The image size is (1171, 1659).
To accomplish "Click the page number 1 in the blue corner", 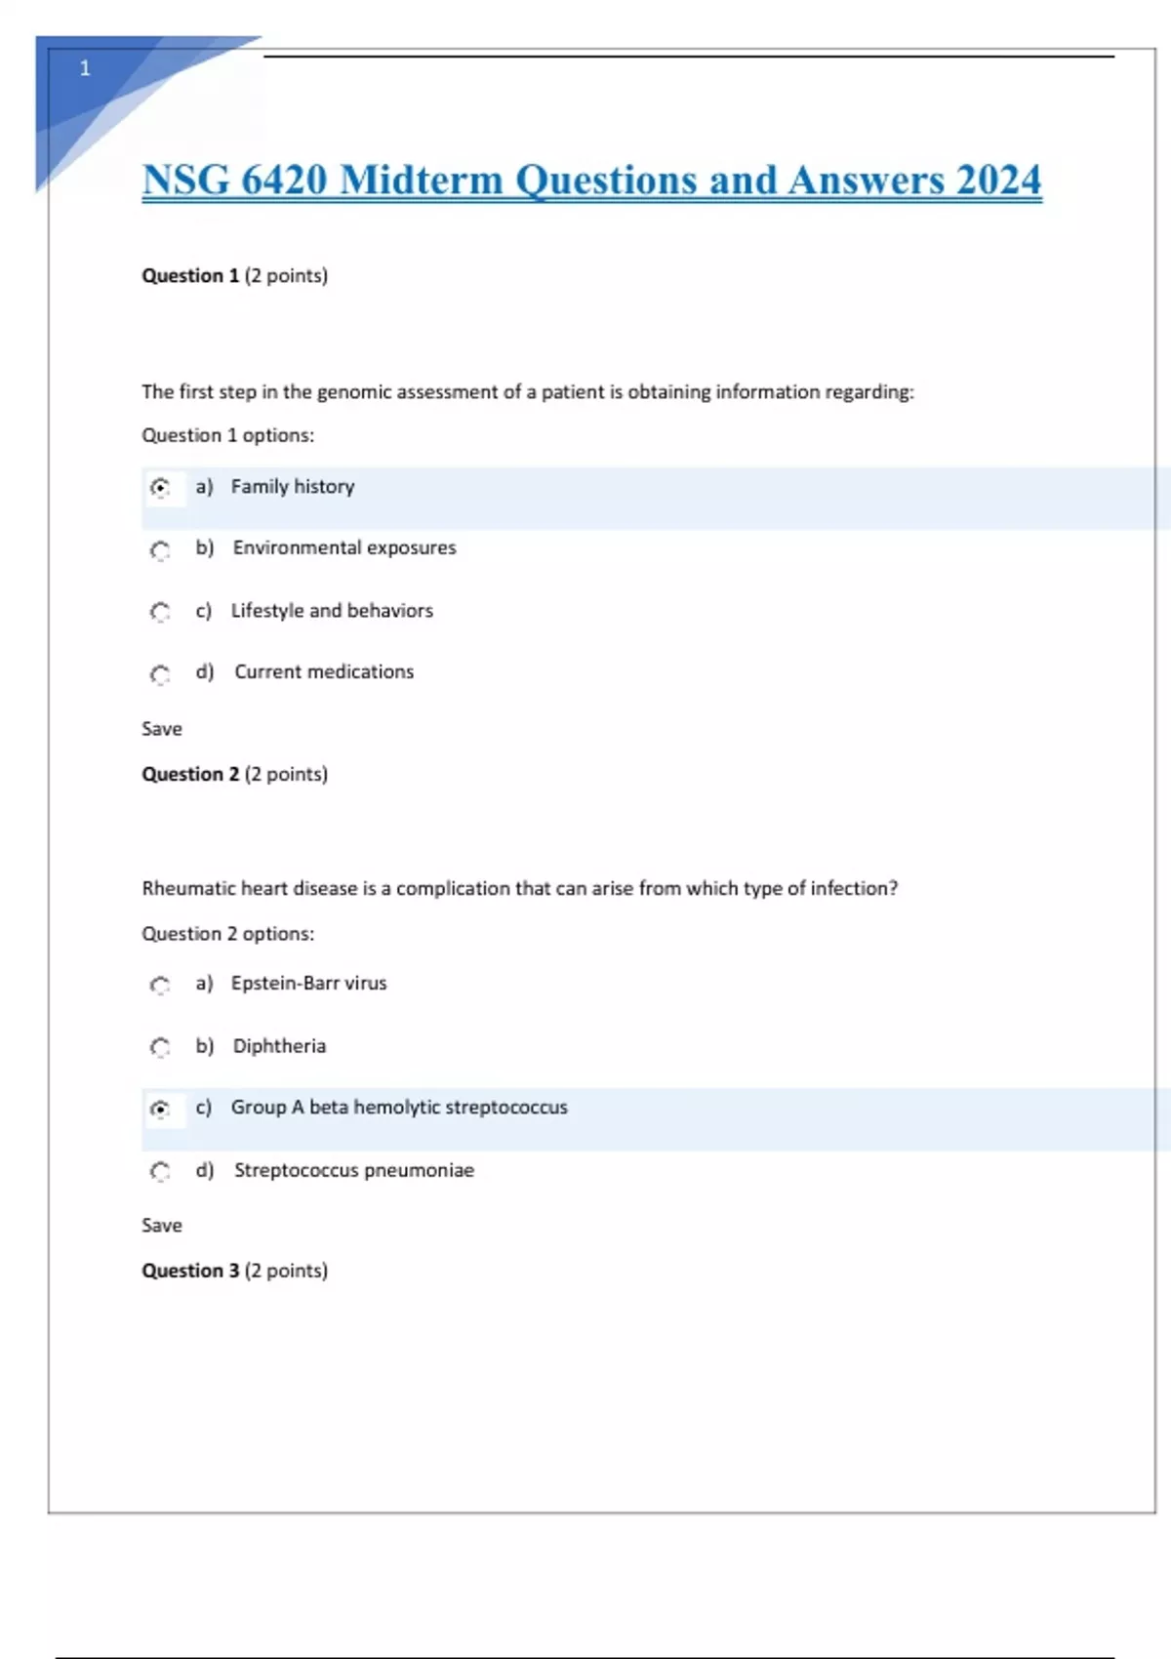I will coord(85,68).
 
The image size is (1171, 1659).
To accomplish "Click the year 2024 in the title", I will coord(998,181).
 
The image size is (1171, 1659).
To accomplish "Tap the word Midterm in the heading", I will coord(421,181).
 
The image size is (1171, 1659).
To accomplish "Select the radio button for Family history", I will coord(161,487).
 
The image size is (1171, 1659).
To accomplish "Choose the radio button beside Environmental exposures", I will coord(161,550).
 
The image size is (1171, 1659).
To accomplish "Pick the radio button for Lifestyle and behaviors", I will coord(161,612).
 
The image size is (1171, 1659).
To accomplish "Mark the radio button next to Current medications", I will coord(161,674).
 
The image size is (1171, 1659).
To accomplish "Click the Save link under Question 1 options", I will coord(162,729).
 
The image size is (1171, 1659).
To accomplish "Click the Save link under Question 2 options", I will coord(162,1226).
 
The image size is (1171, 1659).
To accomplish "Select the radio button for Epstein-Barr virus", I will coord(161,985).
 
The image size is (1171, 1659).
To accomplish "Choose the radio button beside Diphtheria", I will coord(161,1047).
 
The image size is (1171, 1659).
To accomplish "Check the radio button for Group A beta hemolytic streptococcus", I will coord(161,1109).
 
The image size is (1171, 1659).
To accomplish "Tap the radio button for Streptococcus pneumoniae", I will coord(161,1171).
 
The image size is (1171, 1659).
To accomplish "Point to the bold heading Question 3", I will coord(190,1271).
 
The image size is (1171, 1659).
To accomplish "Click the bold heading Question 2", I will coord(190,774).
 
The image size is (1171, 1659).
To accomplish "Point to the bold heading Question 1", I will coord(190,276).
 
